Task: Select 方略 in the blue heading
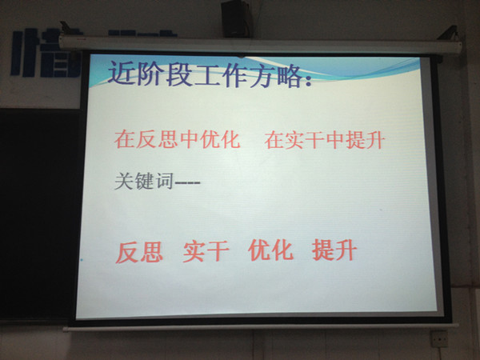click(275, 75)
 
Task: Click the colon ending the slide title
click(308, 80)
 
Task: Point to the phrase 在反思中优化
click(177, 139)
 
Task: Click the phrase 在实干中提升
click(325, 141)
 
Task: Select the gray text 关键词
click(143, 181)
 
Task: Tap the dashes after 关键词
click(187, 182)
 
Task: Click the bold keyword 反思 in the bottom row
click(139, 252)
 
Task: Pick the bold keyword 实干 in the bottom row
click(206, 251)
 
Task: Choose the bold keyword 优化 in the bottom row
click(270, 250)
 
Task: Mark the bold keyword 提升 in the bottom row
click(334, 250)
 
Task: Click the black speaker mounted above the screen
click(237, 18)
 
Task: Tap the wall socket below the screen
click(439, 338)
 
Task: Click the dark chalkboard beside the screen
click(38, 214)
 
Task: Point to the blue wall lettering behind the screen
click(46, 53)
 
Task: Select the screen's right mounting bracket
click(449, 33)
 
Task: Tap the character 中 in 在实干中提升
click(335, 141)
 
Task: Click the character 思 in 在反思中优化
click(168, 139)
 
